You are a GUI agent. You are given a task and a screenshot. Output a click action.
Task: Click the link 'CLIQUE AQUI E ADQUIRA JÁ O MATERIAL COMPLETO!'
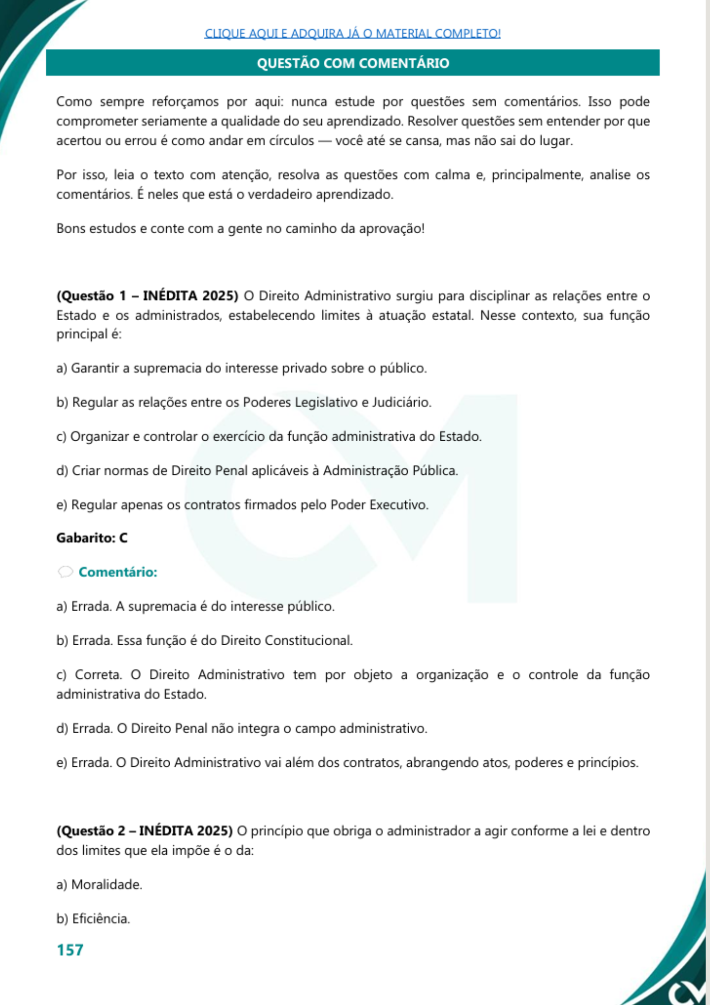(352, 33)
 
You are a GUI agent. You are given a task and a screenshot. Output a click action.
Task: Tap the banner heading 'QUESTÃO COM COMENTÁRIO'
(352, 63)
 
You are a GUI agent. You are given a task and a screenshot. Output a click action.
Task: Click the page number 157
(70, 950)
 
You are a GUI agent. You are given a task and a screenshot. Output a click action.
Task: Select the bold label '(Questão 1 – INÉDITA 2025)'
(147, 295)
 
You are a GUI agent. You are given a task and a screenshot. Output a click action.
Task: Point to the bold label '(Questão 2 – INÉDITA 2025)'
(145, 831)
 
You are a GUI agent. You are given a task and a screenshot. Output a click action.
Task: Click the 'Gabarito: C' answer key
(92, 538)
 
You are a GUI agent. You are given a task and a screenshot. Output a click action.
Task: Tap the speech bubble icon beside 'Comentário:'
(65, 572)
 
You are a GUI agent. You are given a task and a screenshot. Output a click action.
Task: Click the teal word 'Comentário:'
(118, 572)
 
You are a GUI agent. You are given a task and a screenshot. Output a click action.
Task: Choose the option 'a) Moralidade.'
(99, 884)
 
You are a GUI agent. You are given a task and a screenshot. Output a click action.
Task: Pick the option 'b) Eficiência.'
(93, 919)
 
